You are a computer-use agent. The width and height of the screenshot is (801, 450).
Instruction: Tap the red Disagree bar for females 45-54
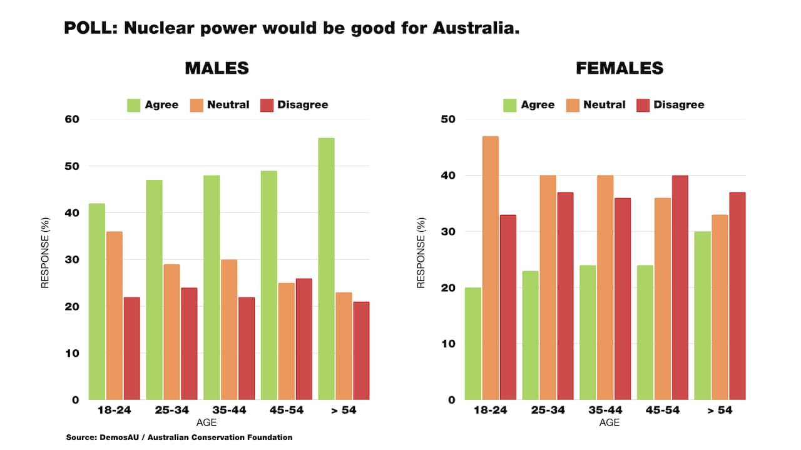680,287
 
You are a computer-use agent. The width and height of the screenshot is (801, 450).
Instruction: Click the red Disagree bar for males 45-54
304,339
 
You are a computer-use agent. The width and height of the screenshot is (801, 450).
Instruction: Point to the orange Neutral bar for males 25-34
171,332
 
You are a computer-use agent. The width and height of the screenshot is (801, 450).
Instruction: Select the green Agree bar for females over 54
702,316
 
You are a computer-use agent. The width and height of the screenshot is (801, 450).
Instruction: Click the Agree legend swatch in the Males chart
134,105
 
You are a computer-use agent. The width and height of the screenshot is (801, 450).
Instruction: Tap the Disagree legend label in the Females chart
679,105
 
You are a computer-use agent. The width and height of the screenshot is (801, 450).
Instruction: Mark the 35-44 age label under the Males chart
228,411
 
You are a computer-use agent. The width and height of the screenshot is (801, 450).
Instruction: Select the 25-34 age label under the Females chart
548,411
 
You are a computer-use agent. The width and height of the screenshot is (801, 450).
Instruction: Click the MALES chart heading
217,68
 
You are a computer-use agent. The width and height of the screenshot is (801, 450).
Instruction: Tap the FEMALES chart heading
620,68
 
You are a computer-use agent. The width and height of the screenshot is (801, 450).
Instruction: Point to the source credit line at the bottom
179,437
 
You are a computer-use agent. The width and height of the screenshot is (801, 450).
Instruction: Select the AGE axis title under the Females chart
610,423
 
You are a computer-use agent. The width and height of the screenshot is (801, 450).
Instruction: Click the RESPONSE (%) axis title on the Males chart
45,259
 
